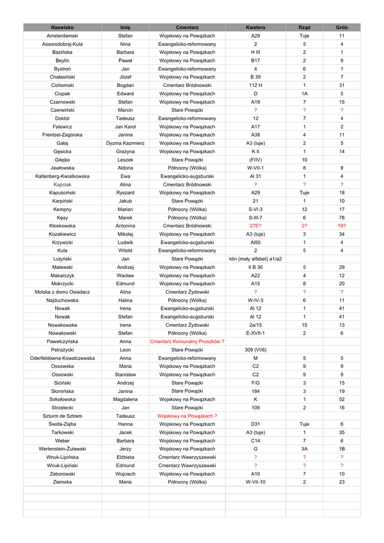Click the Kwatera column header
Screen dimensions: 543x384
pyautogui.click(x=255, y=27)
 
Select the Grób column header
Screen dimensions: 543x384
pyautogui.click(x=342, y=27)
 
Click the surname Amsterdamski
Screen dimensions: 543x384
pyautogui.click(x=63, y=36)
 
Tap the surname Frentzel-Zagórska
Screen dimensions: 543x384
pyautogui.click(x=63, y=135)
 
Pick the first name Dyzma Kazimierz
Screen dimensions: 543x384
pyautogui.click(x=125, y=143)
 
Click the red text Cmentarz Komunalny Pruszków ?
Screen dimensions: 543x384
pyautogui.click(x=187, y=341)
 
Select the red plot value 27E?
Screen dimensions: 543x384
pyautogui.click(x=255, y=226)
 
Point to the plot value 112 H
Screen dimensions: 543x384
pyautogui.click(x=255, y=85)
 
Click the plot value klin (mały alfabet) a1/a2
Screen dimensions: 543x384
pyautogui.click(x=255, y=259)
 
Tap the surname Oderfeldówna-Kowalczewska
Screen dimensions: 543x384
pyautogui.click(x=63, y=358)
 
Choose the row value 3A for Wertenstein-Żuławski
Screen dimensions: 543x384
pyautogui.click(x=304, y=449)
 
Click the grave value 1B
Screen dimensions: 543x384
pyautogui.click(x=342, y=449)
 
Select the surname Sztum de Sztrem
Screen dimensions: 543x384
pyautogui.click(x=63, y=416)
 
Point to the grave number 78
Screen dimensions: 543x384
pyautogui.click(x=342, y=217)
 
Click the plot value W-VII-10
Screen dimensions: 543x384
pyautogui.click(x=255, y=482)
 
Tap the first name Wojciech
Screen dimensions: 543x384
pyautogui.click(x=125, y=474)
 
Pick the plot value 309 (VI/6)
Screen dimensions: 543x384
pyautogui.click(x=255, y=350)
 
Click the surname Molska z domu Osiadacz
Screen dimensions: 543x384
pyautogui.click(x=63, y=292)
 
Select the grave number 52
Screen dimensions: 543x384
pyautogui.click(x=342, y=399)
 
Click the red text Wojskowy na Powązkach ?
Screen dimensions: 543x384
pyautogui.click(x=187, y=416)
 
